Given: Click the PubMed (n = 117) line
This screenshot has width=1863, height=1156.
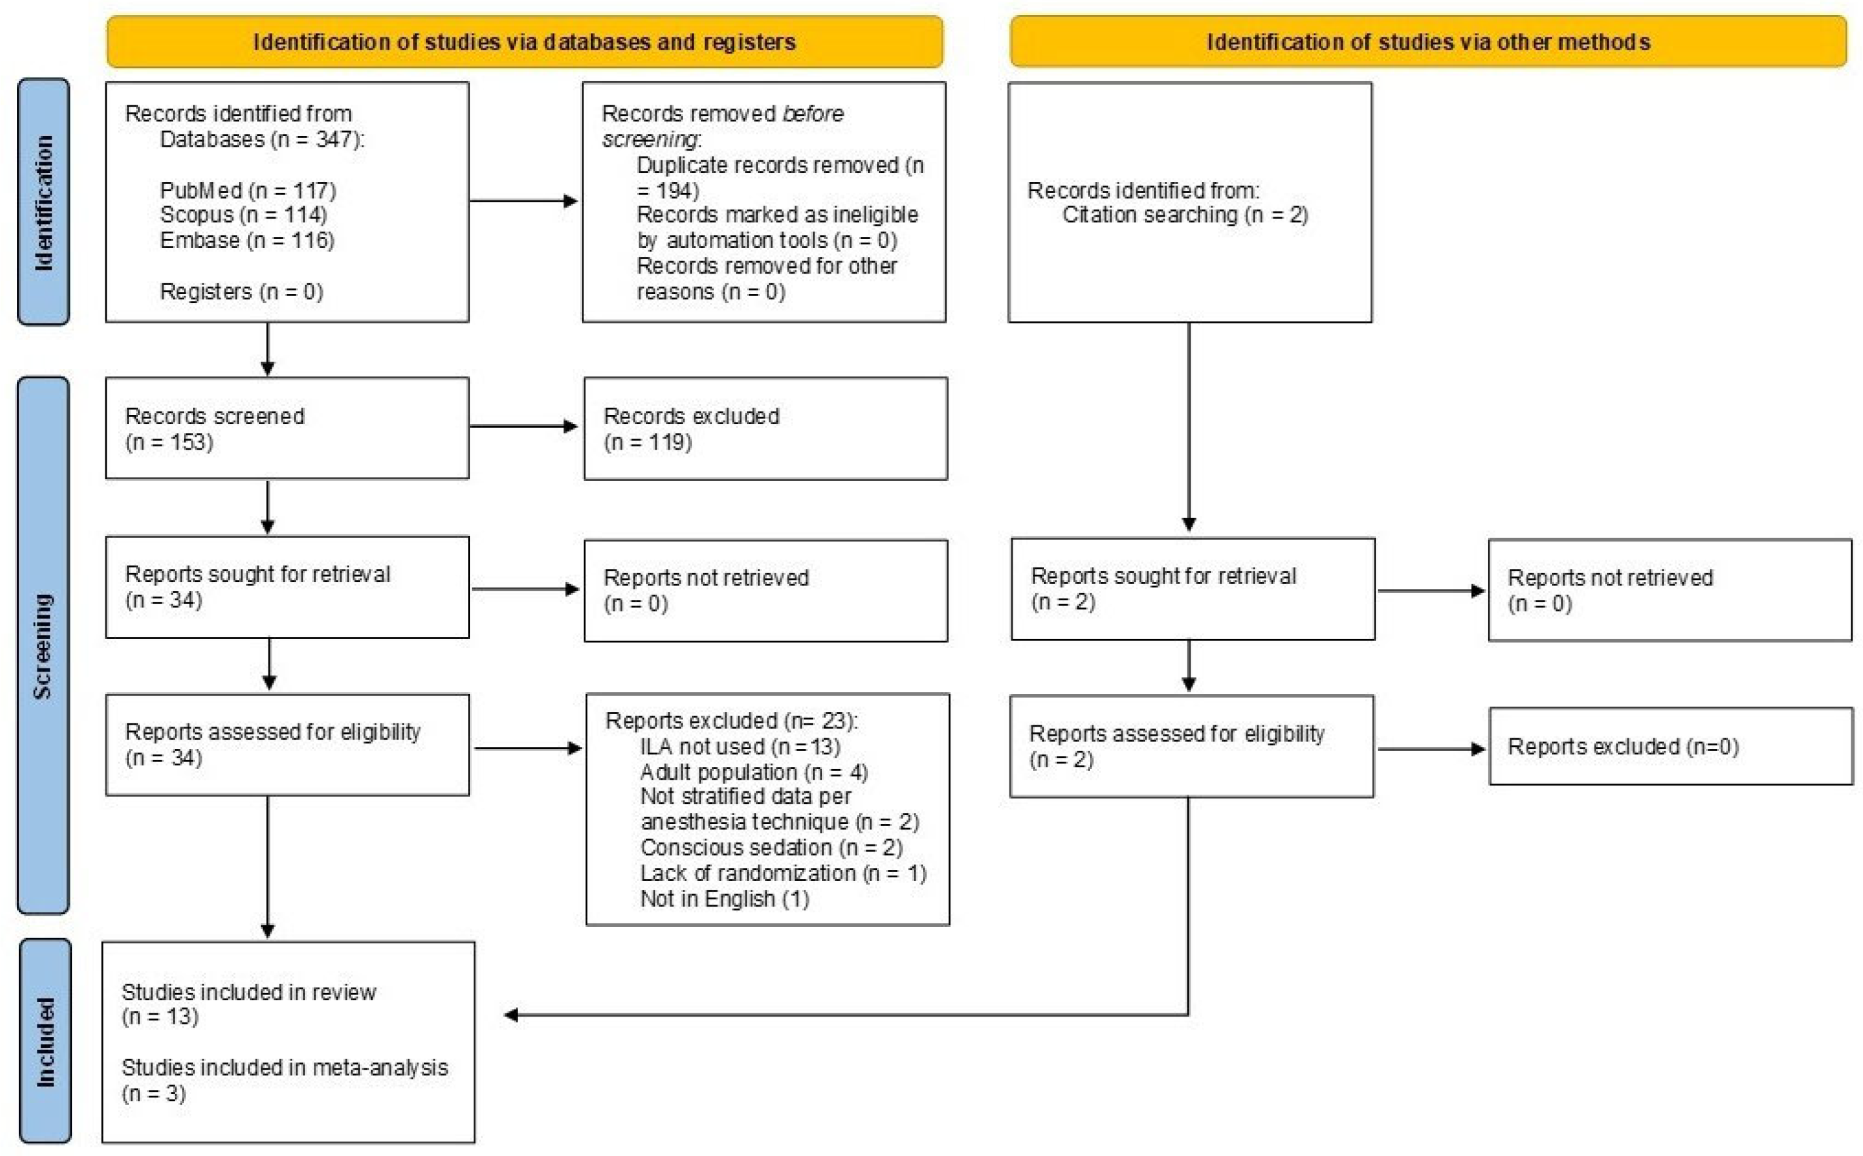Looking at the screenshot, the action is coord(247,190).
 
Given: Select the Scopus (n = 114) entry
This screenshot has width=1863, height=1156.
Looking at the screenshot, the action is coord(243,215).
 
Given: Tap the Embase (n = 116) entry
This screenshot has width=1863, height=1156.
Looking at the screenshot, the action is coord(247,240).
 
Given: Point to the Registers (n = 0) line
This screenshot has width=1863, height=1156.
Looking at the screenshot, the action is coord(241,291).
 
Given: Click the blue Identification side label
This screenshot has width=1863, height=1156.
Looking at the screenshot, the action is coord(44,203).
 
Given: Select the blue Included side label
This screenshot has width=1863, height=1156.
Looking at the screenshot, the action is coord(45,1041).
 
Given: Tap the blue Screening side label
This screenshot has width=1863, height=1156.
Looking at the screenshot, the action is coord(44,645).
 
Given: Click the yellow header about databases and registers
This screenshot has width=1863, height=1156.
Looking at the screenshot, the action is coord(524,41).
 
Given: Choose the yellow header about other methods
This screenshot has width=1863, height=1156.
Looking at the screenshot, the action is coord(1428,41).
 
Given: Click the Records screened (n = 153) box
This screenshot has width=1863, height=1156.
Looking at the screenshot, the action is coord(287,428).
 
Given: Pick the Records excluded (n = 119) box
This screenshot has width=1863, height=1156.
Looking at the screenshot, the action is coord(766,429).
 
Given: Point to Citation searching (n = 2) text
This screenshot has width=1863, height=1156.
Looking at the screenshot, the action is coord(1185,215).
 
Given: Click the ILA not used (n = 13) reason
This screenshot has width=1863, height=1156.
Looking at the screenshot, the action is coord(740,746).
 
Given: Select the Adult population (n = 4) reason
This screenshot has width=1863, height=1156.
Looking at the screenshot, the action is coord(753,772).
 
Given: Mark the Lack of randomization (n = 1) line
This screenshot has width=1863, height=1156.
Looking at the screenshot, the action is coord(783,873).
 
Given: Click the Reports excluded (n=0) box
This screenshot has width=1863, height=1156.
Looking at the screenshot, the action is coord(1671,746).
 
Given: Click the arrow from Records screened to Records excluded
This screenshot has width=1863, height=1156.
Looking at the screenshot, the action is coord(524,427).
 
